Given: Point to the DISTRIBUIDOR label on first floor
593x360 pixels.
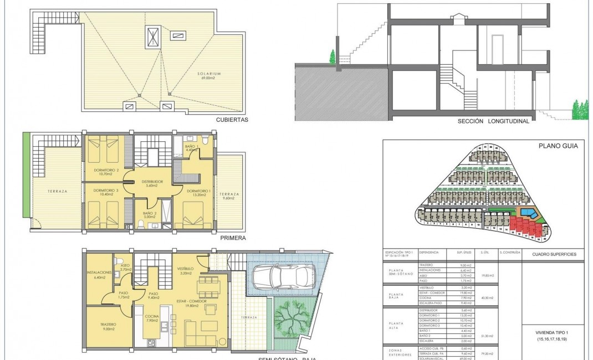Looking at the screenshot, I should point(151,181).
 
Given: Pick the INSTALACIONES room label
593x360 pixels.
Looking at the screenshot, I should point(100,273).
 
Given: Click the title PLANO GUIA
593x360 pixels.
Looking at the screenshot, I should point(559,146).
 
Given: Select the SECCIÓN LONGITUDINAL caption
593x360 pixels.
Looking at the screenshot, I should point(493,121).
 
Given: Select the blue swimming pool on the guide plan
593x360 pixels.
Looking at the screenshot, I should point(527,213).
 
